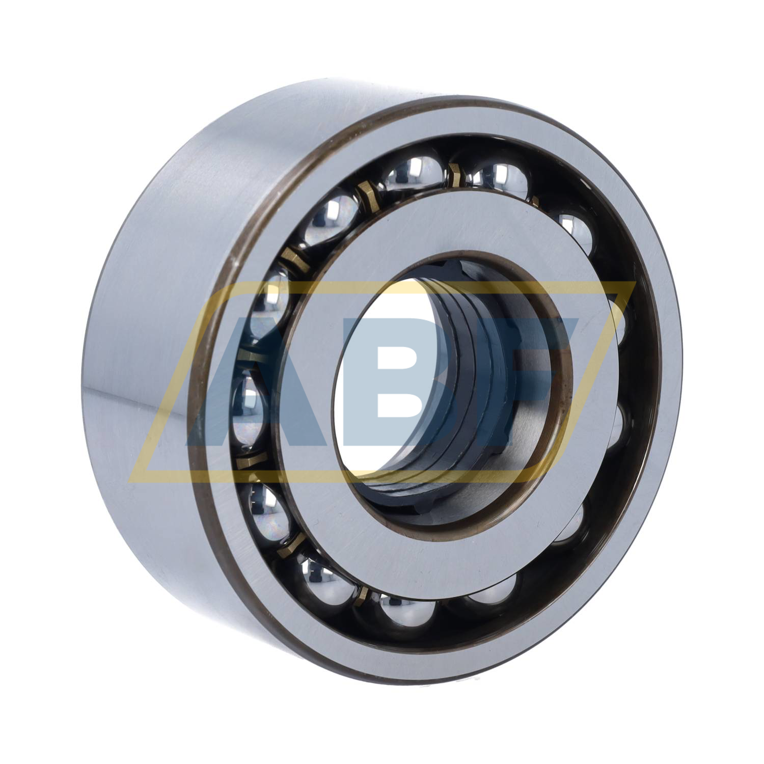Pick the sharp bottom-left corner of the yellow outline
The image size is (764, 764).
coord(130,481)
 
